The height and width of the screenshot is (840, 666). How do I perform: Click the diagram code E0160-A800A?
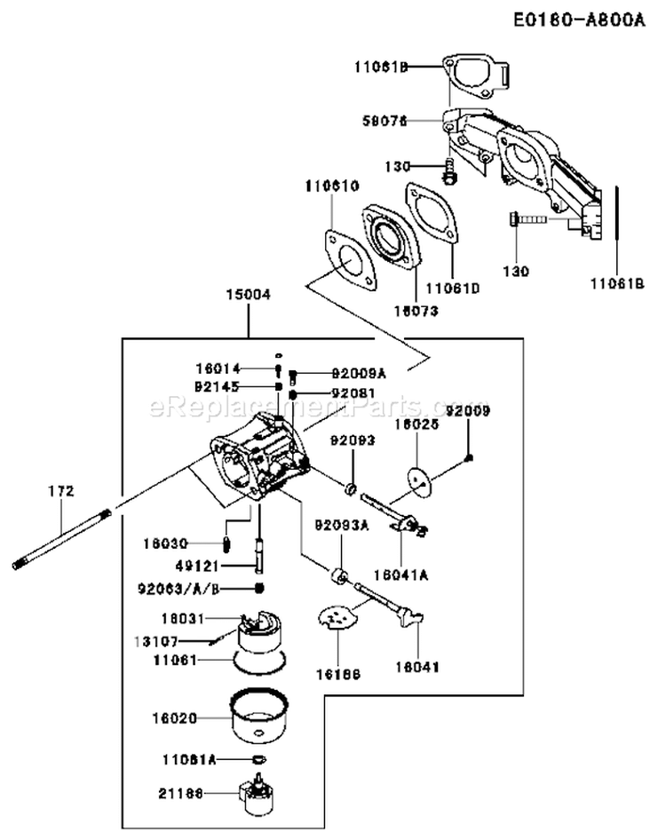[580, 19]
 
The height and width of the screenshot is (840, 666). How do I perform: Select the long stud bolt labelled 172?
[61, 537]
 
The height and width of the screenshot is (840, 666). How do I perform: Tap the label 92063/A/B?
[178, 588]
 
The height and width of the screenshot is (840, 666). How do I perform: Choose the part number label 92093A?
[340, 525]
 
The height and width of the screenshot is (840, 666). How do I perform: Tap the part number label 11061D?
[450, 287]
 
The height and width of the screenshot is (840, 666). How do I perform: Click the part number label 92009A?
[329, 374]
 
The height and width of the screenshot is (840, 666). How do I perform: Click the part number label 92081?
[329, 392]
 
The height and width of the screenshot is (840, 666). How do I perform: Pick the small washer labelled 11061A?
[258, 759]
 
